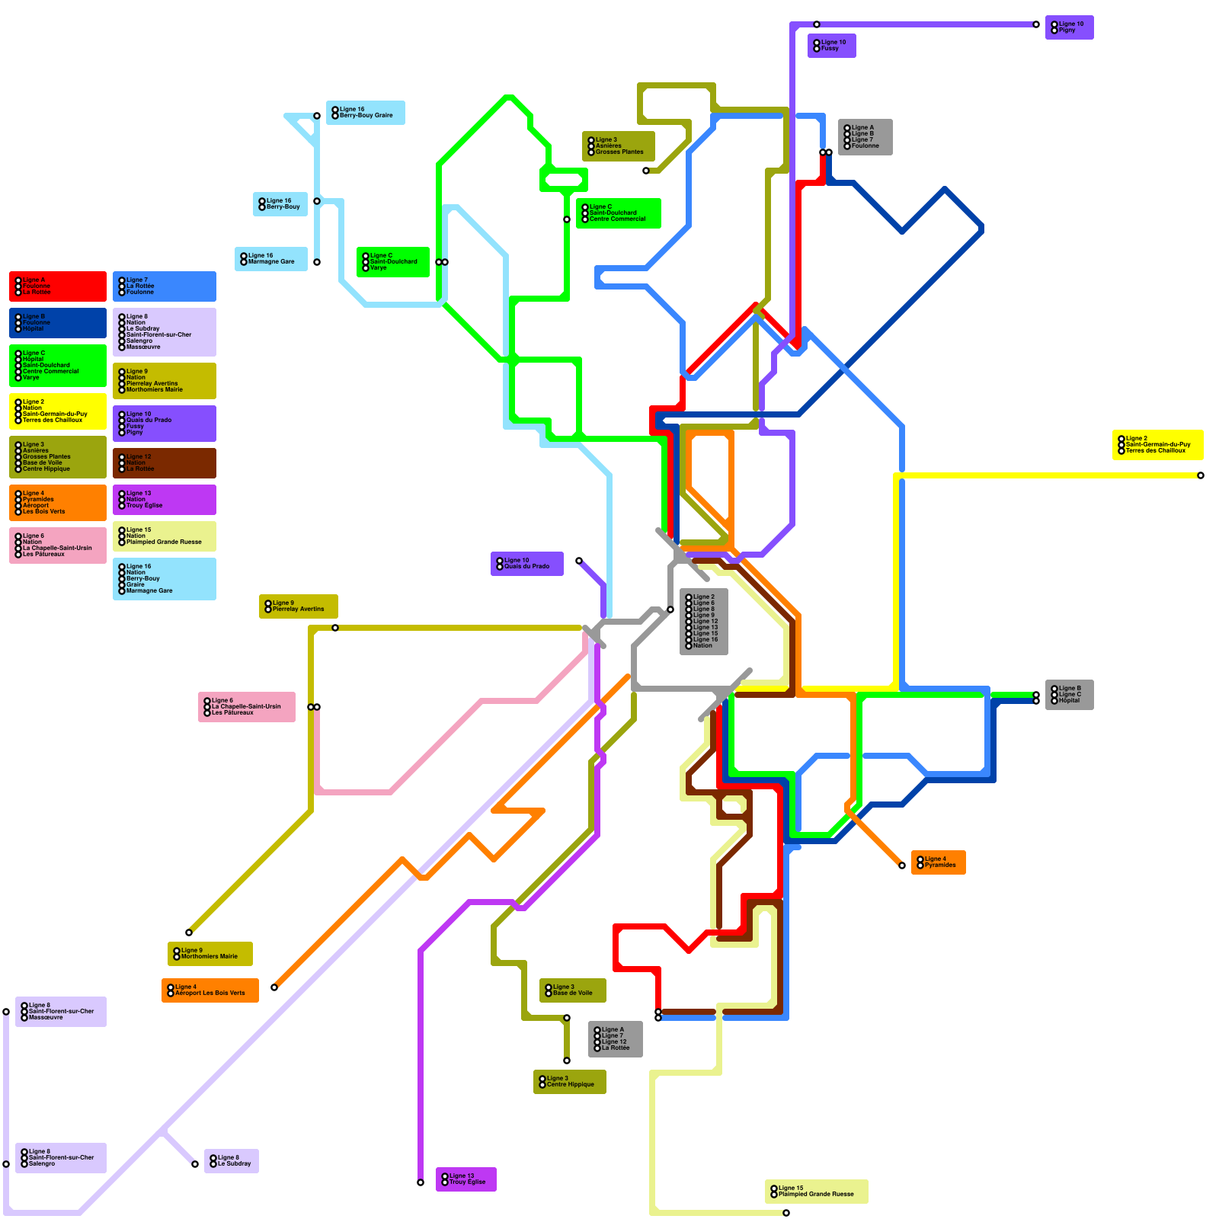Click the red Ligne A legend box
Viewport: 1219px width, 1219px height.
pos(57,286)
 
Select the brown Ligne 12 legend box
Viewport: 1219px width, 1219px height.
pos(164,463)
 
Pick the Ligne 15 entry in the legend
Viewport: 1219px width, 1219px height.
pos(164,536)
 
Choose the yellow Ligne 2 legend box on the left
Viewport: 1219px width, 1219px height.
pos(57,411)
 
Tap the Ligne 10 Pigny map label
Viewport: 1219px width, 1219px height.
pos(1069,27)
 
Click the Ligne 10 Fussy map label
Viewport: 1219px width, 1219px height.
pos(831,46)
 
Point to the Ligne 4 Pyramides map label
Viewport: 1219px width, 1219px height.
pos(938,862)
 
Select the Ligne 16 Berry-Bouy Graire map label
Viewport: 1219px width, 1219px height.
pos(365,113)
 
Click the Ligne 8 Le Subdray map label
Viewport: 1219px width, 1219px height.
pos(231,1161)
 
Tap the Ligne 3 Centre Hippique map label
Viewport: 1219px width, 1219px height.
pos(569,1082)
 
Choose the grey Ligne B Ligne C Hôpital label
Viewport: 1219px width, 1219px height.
pos(1069,695)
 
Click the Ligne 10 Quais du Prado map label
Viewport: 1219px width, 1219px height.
pos(526,564)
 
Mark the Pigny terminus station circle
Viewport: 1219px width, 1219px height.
pos(1036,24)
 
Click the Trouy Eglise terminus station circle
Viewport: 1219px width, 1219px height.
pos(421,1182)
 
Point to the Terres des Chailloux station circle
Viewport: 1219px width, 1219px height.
pos(1201,475)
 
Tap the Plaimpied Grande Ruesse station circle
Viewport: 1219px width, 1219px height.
pos(786,1213)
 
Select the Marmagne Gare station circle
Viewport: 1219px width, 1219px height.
pos(317,262)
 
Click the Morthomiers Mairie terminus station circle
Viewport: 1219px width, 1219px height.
pos(189,933)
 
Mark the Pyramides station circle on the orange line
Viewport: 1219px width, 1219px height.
pos(902,865)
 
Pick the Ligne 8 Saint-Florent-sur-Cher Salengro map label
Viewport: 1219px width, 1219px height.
pos(60,1158)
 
